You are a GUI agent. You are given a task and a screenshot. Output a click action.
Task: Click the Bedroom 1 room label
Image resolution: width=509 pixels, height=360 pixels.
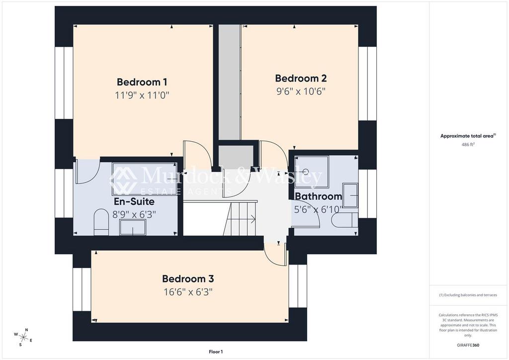[142, 82]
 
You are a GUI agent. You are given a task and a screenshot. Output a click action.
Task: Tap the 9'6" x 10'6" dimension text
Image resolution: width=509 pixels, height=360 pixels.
[301, 91]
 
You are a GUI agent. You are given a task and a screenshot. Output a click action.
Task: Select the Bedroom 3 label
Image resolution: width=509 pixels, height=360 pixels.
[188, 279]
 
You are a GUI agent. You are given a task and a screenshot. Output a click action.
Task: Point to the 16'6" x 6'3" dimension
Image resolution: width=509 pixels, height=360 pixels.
[188, 292]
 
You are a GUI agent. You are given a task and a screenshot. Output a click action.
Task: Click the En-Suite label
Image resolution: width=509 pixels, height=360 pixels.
[134, 201]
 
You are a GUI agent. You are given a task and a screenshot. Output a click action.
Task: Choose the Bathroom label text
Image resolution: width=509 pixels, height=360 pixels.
[318, 196]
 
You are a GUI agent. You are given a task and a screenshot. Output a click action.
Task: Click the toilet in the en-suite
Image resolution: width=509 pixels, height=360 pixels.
[101, 222]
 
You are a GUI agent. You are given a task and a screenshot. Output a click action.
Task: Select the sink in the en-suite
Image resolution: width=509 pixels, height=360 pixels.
[133, 227]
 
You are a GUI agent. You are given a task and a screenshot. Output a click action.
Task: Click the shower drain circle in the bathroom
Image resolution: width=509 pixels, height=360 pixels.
[305, 172]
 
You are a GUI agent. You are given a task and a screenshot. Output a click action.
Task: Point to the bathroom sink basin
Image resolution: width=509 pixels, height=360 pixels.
[350, 195]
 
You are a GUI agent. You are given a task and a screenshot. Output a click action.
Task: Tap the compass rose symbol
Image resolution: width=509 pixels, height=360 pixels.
[23, 337]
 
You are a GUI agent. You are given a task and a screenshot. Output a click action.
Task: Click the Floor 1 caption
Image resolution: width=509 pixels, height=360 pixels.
[216, 352]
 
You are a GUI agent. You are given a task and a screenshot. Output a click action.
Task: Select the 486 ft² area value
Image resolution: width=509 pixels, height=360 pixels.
[468, 145]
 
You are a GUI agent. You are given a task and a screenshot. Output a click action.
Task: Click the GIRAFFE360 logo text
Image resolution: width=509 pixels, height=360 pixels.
[468, 345]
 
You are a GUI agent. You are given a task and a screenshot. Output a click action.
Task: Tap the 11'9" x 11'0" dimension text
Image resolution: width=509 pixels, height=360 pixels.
[142, 95]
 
